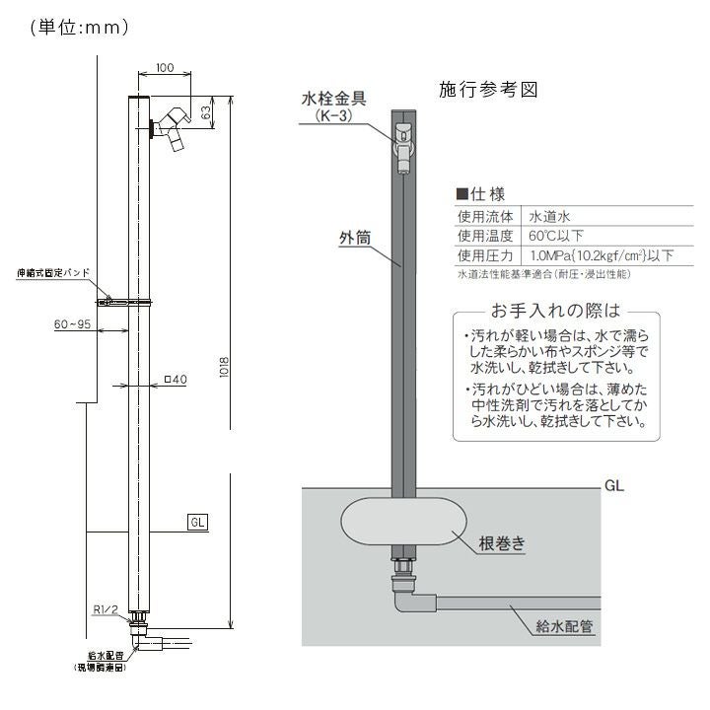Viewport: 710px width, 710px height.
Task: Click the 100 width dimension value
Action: (x=165, y=68)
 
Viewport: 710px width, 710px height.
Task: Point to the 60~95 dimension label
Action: (x=71, y=322)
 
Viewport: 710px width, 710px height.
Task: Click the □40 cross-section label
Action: (x=176, y=378)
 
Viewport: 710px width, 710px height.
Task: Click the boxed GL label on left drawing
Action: (x=196, y=522)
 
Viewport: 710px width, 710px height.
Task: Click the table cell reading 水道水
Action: (x=553, y=215)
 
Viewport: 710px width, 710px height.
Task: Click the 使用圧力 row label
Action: (x=486, y=255)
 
